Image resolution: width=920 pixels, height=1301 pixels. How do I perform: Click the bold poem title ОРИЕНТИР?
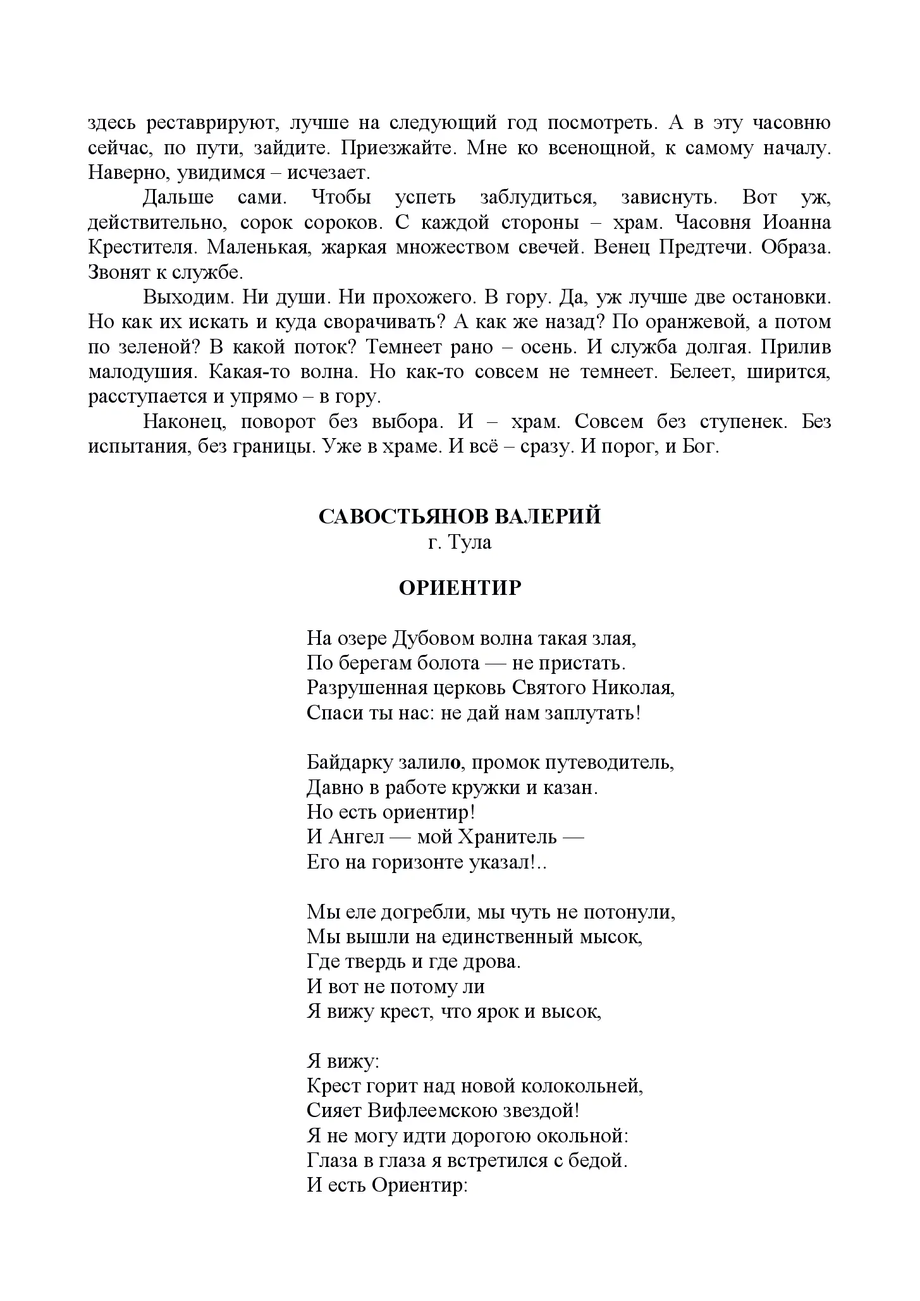(x=460, y=589)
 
